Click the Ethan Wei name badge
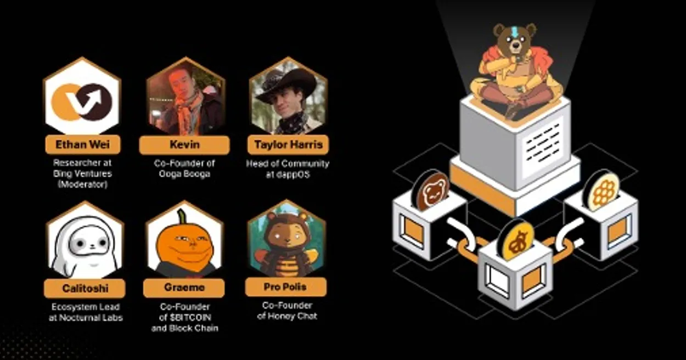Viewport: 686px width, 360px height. coord(83,144)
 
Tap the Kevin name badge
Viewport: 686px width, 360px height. coord(184,144)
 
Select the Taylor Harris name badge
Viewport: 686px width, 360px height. coord(288,144)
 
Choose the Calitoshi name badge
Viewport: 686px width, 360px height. coord(85,288)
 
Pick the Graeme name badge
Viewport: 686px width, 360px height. coord(184,288)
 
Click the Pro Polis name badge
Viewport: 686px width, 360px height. coord(286,287)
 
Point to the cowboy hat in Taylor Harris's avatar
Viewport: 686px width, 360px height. coord(286,82)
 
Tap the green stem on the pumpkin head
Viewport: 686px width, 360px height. coord(182,216)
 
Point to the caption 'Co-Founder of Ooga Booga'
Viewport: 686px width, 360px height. coord(184,168)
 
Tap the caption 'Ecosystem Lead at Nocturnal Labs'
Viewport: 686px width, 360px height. coord(86,312)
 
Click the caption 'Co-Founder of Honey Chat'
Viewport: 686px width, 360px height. coord(287,311)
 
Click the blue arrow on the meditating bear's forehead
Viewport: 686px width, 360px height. coord(514,31)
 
